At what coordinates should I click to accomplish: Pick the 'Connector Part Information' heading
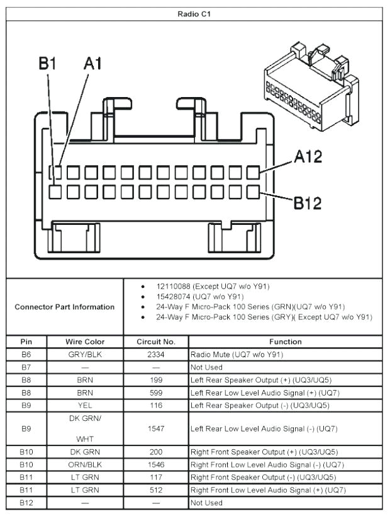[65, 307]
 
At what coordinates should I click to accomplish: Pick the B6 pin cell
[25, 354]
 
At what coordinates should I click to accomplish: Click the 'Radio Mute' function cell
[240, 354]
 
